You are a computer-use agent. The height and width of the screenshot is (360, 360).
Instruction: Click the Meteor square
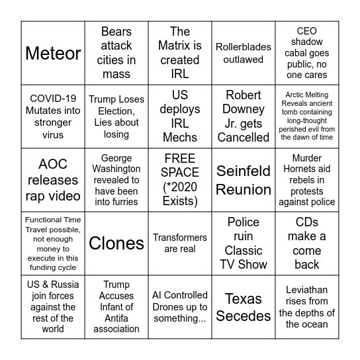click(53, 53)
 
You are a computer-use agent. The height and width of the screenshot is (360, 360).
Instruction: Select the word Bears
click(116, 32)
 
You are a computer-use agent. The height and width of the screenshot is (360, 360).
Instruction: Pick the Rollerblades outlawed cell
click(244, 53)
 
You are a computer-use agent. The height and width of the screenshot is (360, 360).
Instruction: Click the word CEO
click(307, 30)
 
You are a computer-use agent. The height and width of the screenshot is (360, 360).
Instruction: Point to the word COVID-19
click(53, 99)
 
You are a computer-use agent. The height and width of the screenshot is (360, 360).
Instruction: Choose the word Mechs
click(180, 138)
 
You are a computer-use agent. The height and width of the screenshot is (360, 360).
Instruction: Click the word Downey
click(244, 109)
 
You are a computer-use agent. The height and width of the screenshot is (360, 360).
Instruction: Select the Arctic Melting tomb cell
click(307, 116)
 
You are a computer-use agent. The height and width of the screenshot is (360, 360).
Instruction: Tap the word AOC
click(53, 164)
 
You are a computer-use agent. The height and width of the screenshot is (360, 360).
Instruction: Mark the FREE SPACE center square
click(180, 180)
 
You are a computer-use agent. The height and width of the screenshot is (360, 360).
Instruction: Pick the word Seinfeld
click(244, 171)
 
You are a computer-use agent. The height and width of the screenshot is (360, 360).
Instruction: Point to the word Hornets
click(307, 169)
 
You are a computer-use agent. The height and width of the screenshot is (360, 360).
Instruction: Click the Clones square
click(116, 244)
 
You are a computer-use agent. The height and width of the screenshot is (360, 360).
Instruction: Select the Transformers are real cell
click(180, 244)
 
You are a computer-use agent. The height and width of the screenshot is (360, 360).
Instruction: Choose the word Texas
click(244, 298)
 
